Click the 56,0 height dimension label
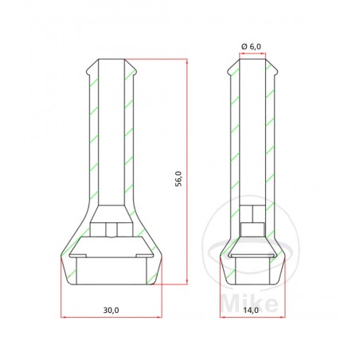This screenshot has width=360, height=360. coord(179,179)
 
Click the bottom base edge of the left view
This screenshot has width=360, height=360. coord(111,284)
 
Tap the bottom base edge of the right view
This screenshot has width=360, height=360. coord(252,284)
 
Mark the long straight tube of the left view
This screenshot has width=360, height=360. coord(111,135)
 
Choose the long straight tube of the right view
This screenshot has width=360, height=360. coord(252,135)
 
